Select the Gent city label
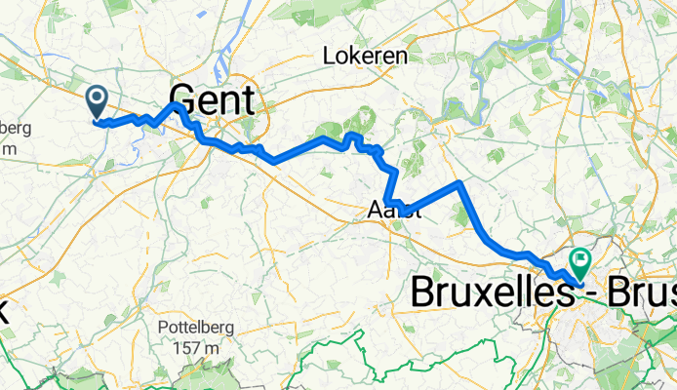pos(212,100)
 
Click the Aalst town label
pos(394,209)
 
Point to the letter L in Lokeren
pos(329,57)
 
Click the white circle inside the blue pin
pos(98,96)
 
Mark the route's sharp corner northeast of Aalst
pos(458,182)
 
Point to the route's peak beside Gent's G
pos(175,104)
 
